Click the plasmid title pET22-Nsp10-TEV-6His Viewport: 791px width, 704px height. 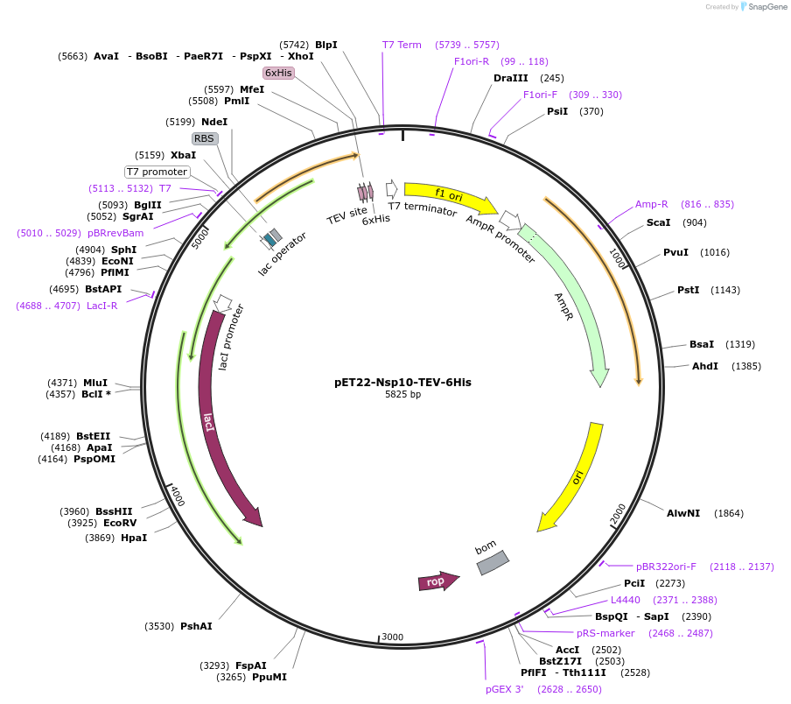point(402,382)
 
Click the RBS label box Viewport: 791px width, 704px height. point(204,138)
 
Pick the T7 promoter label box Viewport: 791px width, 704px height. point(157,172)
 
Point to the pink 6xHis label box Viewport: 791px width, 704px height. point(278,73)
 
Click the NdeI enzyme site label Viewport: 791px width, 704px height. point(213,122)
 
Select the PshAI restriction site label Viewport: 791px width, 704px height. point(196,626)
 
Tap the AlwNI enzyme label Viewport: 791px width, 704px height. point(683,513)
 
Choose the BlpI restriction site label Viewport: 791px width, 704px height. point(325,45)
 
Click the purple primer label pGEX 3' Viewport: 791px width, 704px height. point(505,689)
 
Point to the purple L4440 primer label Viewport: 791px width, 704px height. point(626,601)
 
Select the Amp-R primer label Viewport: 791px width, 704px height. point(652,204)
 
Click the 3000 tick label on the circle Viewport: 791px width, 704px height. point(392,637)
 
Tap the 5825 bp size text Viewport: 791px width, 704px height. point(402,395)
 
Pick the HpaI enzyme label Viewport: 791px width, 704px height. point(134,538)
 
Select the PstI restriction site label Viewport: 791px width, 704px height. point(689,290)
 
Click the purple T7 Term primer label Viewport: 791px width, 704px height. point(402,45)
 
